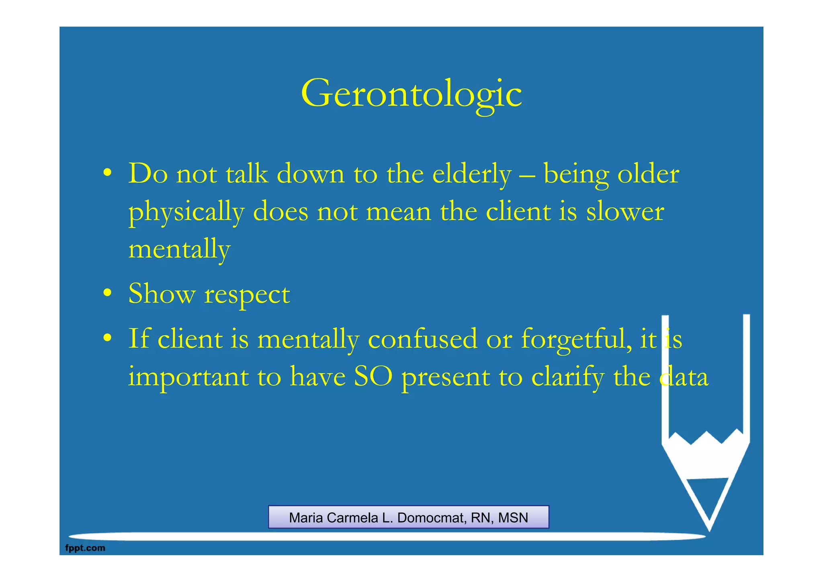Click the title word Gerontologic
(411, 93)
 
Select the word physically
(186, 212)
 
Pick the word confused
(422, 339)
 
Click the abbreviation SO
(373, 377)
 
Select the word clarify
(567, 378)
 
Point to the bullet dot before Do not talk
(107, 173)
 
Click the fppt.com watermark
(85, 548)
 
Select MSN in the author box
(513, 518)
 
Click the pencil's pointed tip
(709, 528)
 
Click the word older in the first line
(648, 174)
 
